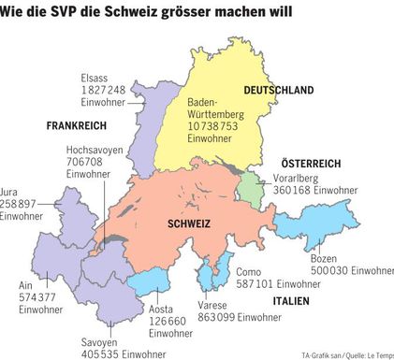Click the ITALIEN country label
click(x=291, y=302)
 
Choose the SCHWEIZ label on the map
click(x=188, y=224)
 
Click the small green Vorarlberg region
click(x=250, y=187)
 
